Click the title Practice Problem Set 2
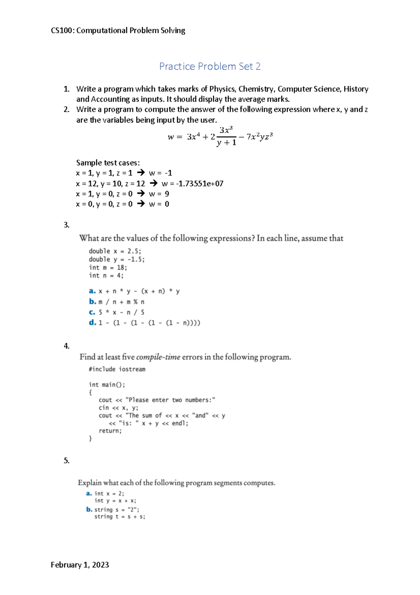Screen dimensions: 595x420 tap(210, 66)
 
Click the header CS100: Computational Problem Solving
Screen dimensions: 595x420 tap(118, 30)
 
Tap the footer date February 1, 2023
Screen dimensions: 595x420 tap(80, 565)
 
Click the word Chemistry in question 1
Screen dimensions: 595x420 tap(257, 89)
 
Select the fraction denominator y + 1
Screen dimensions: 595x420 tap(226, 143)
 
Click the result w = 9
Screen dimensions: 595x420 tap(159, 194)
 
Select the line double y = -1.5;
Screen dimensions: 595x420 tap(117, 259)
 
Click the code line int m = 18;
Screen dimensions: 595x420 tap(108, 267)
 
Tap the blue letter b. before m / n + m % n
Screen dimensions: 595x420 tap(92, 301)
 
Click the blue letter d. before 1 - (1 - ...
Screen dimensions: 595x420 tap(92, 322)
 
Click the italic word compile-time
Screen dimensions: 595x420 tap(158, 357)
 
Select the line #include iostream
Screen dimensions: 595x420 tap(117, 369)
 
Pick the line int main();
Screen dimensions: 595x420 tap(107, 385)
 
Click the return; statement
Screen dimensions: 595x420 tap(110, 431)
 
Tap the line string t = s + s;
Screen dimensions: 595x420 tap(120, 517)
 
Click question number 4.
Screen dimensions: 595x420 tap(66, 346)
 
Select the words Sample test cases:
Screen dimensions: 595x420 tap(108, 163)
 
